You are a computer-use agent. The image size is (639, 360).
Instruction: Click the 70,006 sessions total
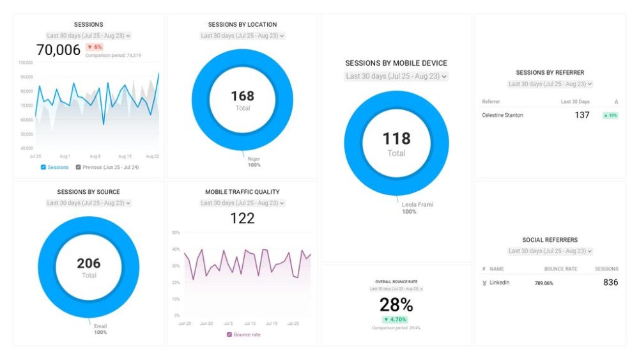click(58, 50)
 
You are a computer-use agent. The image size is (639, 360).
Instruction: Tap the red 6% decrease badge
click(95, 47)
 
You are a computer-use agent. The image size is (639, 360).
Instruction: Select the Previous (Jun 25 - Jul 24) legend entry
click(107, 168)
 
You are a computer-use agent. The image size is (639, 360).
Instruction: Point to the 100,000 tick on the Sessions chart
click(26, 63)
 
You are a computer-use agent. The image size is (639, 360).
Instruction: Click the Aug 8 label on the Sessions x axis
click(95, 156)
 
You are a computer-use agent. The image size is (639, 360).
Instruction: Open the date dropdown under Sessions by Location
click(242, 36)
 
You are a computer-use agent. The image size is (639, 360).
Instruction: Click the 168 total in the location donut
click(242, 96)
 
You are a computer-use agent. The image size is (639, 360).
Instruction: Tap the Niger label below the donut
click(254, 159)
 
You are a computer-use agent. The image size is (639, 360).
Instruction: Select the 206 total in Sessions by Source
click(89, 263)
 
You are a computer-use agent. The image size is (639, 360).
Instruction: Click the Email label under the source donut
click(100, 325)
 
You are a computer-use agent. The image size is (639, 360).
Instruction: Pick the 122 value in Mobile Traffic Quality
click(242, 218)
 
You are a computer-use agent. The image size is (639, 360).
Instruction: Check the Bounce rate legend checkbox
click(229, 334)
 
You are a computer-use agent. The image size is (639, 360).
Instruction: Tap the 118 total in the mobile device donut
click(396, 138)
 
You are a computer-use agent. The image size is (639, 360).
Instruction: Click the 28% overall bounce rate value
click(396, 304)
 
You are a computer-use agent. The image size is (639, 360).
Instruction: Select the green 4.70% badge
click(396, 319)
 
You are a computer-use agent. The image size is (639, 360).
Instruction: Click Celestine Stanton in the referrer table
click(502, 115)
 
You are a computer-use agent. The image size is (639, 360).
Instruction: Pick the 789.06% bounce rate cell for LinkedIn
click(544, 283)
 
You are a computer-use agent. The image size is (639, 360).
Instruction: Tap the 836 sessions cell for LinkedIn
click(610, 282)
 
